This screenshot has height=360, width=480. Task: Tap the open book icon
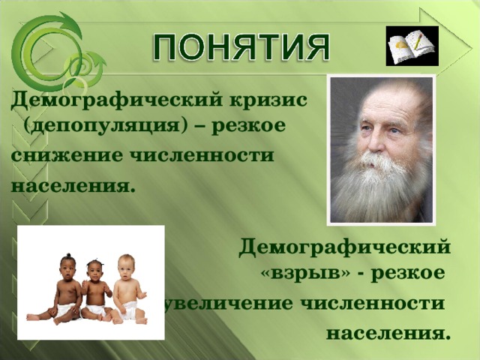pyautogui.click(x=412, y=46)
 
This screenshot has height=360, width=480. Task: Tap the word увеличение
pyautogui.click(x=232, y=303)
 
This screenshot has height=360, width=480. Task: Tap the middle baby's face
pyautogui.click(x=94, y=271)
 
